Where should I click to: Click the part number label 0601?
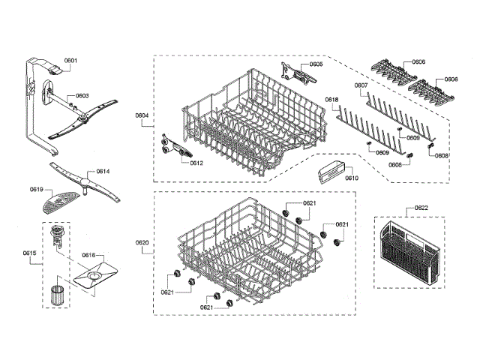71,60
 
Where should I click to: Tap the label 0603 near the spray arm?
82,96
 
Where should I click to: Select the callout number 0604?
142,115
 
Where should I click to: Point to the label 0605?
316,64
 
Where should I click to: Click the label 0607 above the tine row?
361,85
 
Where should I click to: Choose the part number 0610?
351,178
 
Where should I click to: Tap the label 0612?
196,163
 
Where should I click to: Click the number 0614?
103,172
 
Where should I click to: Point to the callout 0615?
29,253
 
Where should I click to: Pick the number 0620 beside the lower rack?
142,242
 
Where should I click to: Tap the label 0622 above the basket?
421,208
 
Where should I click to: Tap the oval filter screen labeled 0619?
57,201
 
